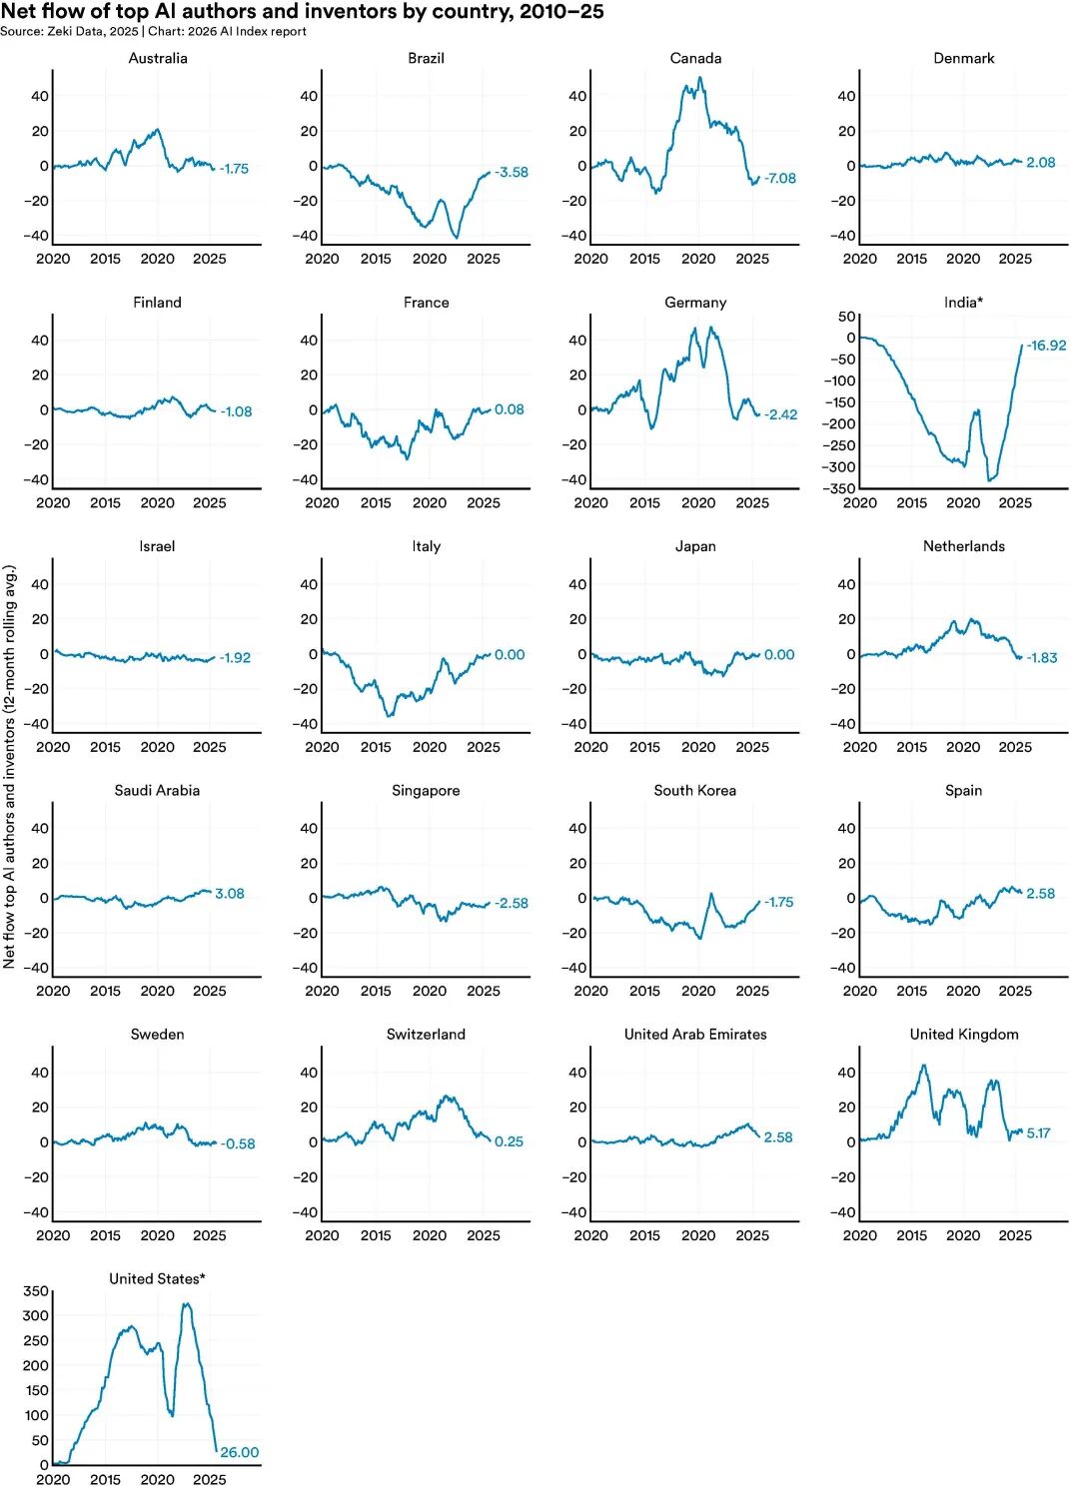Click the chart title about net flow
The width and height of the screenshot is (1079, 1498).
click(303, 12)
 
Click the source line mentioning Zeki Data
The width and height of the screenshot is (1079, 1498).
click(153, 32)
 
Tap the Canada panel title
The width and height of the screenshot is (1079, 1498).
click(695, 59)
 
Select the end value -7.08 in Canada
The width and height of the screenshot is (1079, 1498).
click(780, 179)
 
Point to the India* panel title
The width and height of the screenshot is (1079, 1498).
click(963, 303)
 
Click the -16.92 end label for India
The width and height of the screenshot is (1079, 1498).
click(1046, 346)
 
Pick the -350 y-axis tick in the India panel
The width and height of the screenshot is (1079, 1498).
click(839, 488)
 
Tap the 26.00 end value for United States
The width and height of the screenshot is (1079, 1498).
click(239, 1453)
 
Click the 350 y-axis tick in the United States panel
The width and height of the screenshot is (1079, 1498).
click(36, 1291)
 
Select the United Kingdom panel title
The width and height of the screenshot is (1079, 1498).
click(964, 1035)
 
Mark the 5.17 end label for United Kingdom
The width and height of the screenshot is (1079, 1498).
click(1038, 1133)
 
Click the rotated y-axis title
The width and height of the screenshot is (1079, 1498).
click(10, 767)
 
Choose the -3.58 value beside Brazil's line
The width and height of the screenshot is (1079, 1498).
click(512, 173)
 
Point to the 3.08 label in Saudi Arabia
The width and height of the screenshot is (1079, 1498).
click(230, 894)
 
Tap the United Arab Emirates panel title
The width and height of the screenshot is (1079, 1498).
click(695, 1035)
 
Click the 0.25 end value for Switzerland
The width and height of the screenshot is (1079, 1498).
click(509, 1141)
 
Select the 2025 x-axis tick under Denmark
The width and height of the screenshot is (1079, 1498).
click(1015, 259)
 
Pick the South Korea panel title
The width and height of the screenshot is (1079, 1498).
click(695, 791)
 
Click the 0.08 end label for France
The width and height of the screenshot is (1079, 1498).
click(509, 409)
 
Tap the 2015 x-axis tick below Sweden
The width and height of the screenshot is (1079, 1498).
click(105, 1235)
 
